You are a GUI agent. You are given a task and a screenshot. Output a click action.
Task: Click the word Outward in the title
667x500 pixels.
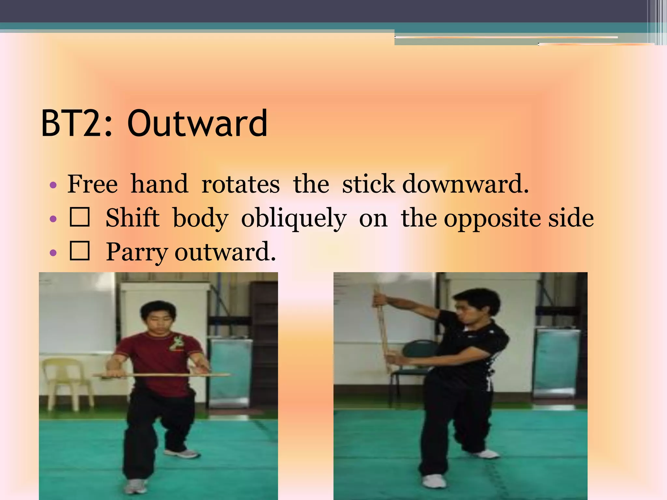(x=197, y=123)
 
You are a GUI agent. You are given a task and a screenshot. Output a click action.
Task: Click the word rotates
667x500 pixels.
(x=240, y=184)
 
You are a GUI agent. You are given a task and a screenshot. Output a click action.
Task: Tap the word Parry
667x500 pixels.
(x=137, y=253)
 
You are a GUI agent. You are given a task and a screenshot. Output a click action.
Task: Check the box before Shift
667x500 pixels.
(x=79, y=217)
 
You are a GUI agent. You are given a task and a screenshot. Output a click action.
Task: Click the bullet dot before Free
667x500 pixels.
(x=53, y=186)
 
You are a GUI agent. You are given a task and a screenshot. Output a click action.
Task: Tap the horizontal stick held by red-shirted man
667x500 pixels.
(x=163, y=375)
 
